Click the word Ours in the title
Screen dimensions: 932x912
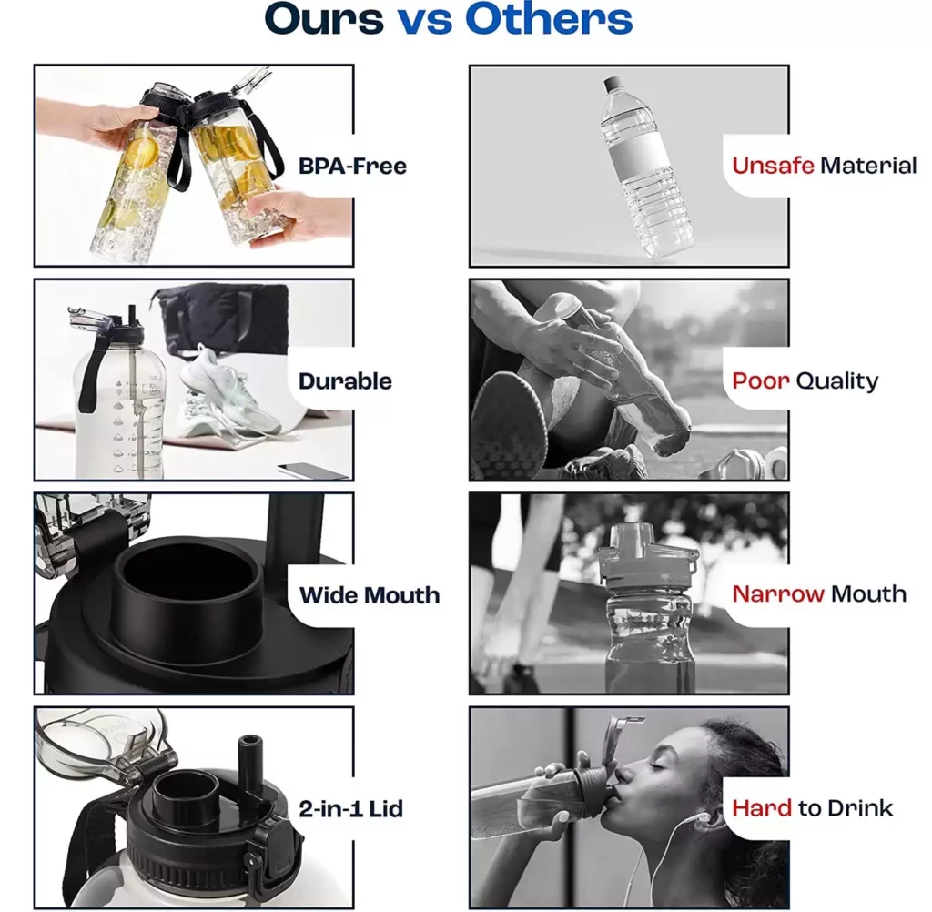click(324, 19)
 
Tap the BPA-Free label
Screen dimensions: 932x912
click(352, 166)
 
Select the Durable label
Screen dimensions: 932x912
click(345, 381)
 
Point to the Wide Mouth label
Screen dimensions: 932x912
click(370, 595)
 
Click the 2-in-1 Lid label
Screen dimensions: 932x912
click(350, 808)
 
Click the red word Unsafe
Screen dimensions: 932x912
click(773, 166)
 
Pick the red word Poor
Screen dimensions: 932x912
click(761, 380)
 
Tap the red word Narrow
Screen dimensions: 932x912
click(778, 594)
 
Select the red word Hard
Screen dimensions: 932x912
click(762, 808)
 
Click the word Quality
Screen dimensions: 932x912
click(837, 381)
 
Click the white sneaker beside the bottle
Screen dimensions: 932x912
click(228, 390)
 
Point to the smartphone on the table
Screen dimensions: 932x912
click(313, 470)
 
